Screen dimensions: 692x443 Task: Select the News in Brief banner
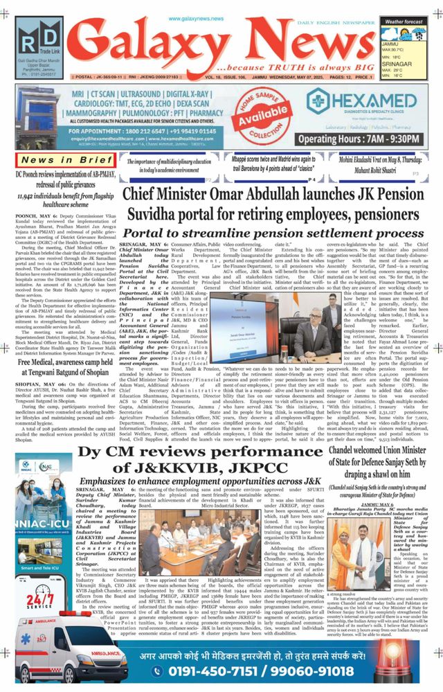[x=57, y=161]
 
